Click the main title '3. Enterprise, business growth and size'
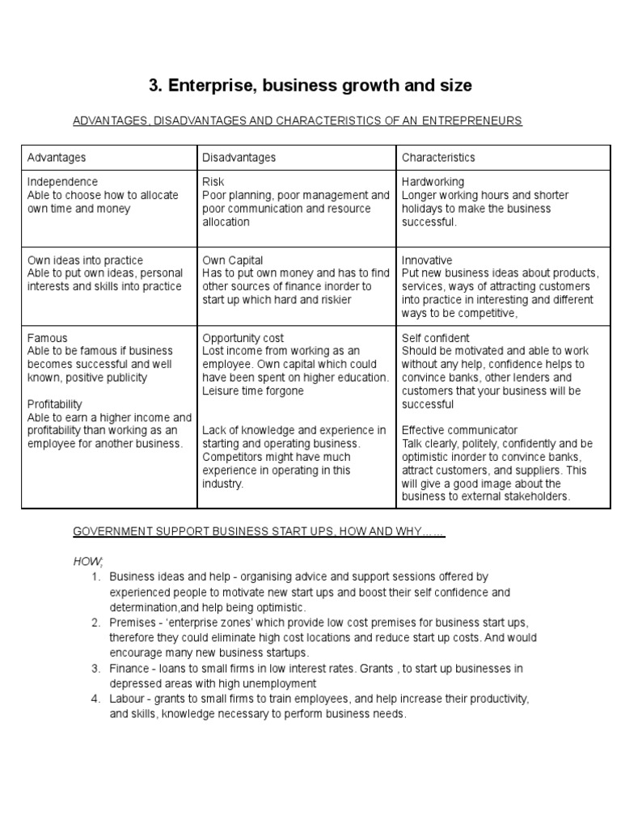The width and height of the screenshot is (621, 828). point(310,85)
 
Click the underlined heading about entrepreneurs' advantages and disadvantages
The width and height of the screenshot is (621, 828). point(298,120)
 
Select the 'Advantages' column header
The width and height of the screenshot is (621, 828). point(57,157)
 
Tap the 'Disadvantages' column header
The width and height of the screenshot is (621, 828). point(239,157)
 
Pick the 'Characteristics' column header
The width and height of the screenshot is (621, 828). point(438,157)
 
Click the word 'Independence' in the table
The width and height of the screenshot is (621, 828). point(62,182)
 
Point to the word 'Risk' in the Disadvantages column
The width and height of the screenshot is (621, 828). point(213,182)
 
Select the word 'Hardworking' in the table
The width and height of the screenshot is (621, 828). point(433,182)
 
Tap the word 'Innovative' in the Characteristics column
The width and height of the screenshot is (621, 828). point(427,260)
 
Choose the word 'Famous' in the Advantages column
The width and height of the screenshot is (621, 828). point(48,338)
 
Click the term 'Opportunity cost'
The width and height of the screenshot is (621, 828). point(243,338)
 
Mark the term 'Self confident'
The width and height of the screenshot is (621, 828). point(435,338)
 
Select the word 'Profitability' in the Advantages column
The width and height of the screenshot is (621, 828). point(55,403)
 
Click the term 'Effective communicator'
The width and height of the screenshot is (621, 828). point(459,430)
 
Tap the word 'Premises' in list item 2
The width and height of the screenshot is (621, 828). point(131,622)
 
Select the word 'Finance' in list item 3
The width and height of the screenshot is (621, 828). point(129,668)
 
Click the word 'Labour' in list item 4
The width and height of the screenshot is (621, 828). point(127,699)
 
